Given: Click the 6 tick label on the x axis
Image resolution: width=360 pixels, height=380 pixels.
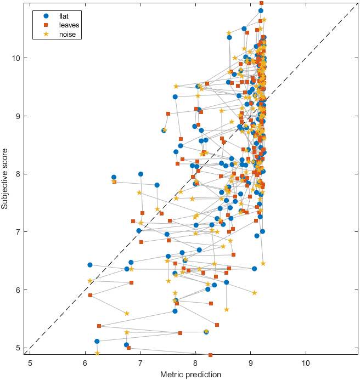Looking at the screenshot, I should point(85,362).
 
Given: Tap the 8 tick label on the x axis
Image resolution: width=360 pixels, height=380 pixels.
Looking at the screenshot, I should point(195,362).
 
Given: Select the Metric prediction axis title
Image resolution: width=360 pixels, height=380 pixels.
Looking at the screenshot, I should point(190,374).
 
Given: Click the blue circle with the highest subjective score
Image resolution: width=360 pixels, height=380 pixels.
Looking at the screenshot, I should point(261,10).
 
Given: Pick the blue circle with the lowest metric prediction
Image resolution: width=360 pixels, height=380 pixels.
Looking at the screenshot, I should point(90,265).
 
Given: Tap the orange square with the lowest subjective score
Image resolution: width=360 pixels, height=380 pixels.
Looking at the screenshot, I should point(210,355).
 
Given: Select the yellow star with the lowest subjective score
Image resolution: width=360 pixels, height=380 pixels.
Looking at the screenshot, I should point(97,353).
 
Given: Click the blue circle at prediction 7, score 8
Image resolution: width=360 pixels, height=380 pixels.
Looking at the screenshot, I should point(141,174).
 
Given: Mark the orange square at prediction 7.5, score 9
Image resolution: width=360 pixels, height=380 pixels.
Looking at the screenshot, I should point(168,114).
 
